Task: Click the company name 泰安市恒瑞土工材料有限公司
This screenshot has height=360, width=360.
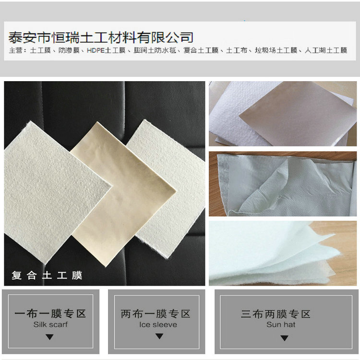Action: [101, 36]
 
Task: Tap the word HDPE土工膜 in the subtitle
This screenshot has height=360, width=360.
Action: [106, 50]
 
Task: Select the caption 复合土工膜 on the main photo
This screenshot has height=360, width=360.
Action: [47, 276]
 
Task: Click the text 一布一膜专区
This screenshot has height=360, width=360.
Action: [50, 314]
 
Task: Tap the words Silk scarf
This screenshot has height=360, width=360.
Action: [50, 324]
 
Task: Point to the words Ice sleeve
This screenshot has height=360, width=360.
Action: [158, 324]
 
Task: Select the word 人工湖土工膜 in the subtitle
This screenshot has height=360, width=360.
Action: [326, 50]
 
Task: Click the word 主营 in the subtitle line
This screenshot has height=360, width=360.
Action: [15, 50]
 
